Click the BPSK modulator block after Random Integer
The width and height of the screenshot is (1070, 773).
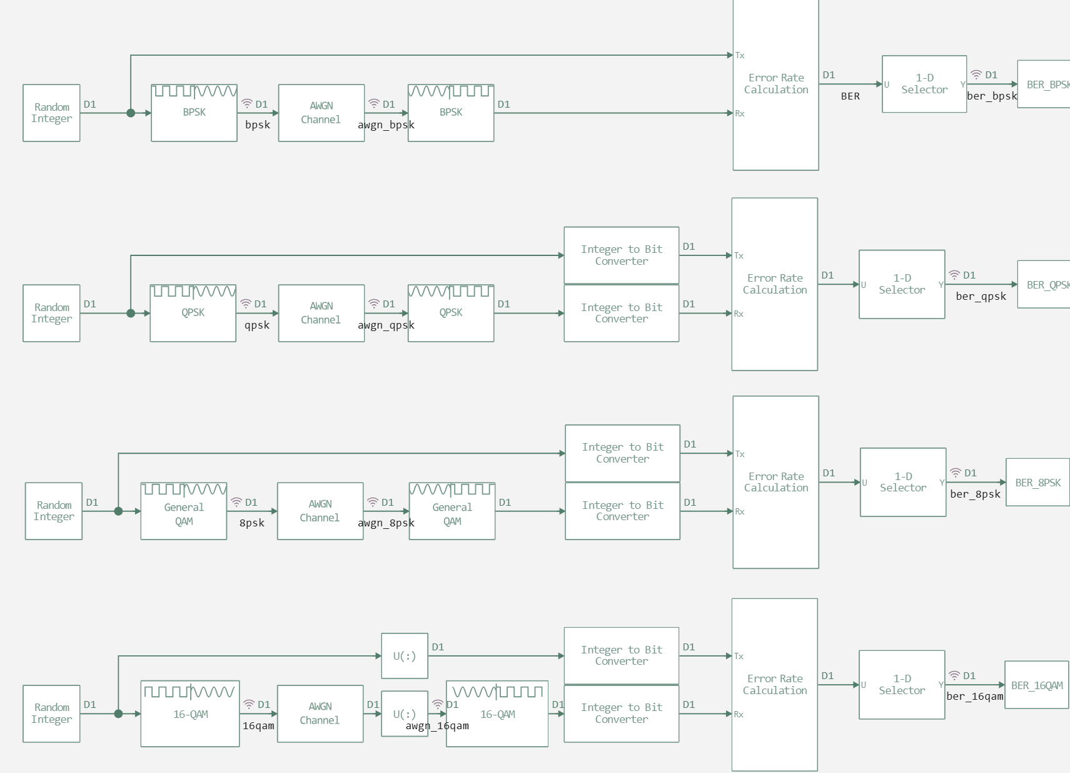coord(194,113)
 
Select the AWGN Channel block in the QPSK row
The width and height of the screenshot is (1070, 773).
coord(321,313)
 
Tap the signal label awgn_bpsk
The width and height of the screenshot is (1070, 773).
coord(386,125)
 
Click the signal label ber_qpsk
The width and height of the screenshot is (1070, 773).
coord(981,297)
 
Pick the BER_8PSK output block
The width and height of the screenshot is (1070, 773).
coord(1037,483)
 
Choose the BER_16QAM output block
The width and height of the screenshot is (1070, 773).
coord(1036,685)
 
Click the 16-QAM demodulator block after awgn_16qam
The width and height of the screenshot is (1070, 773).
coord(497,714)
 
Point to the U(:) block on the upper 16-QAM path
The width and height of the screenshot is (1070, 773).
coord(405,656)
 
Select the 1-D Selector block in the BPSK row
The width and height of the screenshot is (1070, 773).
coord(924,84)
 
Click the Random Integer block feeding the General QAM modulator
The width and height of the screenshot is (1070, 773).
coord(54,511)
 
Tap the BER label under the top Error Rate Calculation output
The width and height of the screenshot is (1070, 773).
coord(850,96)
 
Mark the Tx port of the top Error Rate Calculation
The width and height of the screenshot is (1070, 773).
coord(739,56)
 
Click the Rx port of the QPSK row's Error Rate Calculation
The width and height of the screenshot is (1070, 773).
coord(738,314)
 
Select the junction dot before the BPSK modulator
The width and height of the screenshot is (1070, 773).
coord(131,113)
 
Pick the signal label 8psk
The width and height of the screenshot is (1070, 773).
coord(252,523)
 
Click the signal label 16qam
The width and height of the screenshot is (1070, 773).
coord(258,726)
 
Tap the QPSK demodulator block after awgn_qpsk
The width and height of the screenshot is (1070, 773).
coord(450,313)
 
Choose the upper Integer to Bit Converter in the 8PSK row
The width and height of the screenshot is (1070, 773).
coord(622,453)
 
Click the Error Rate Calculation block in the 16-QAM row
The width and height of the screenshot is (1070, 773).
coord(774,685)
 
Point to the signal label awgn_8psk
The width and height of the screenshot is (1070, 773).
coord(386,523)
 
